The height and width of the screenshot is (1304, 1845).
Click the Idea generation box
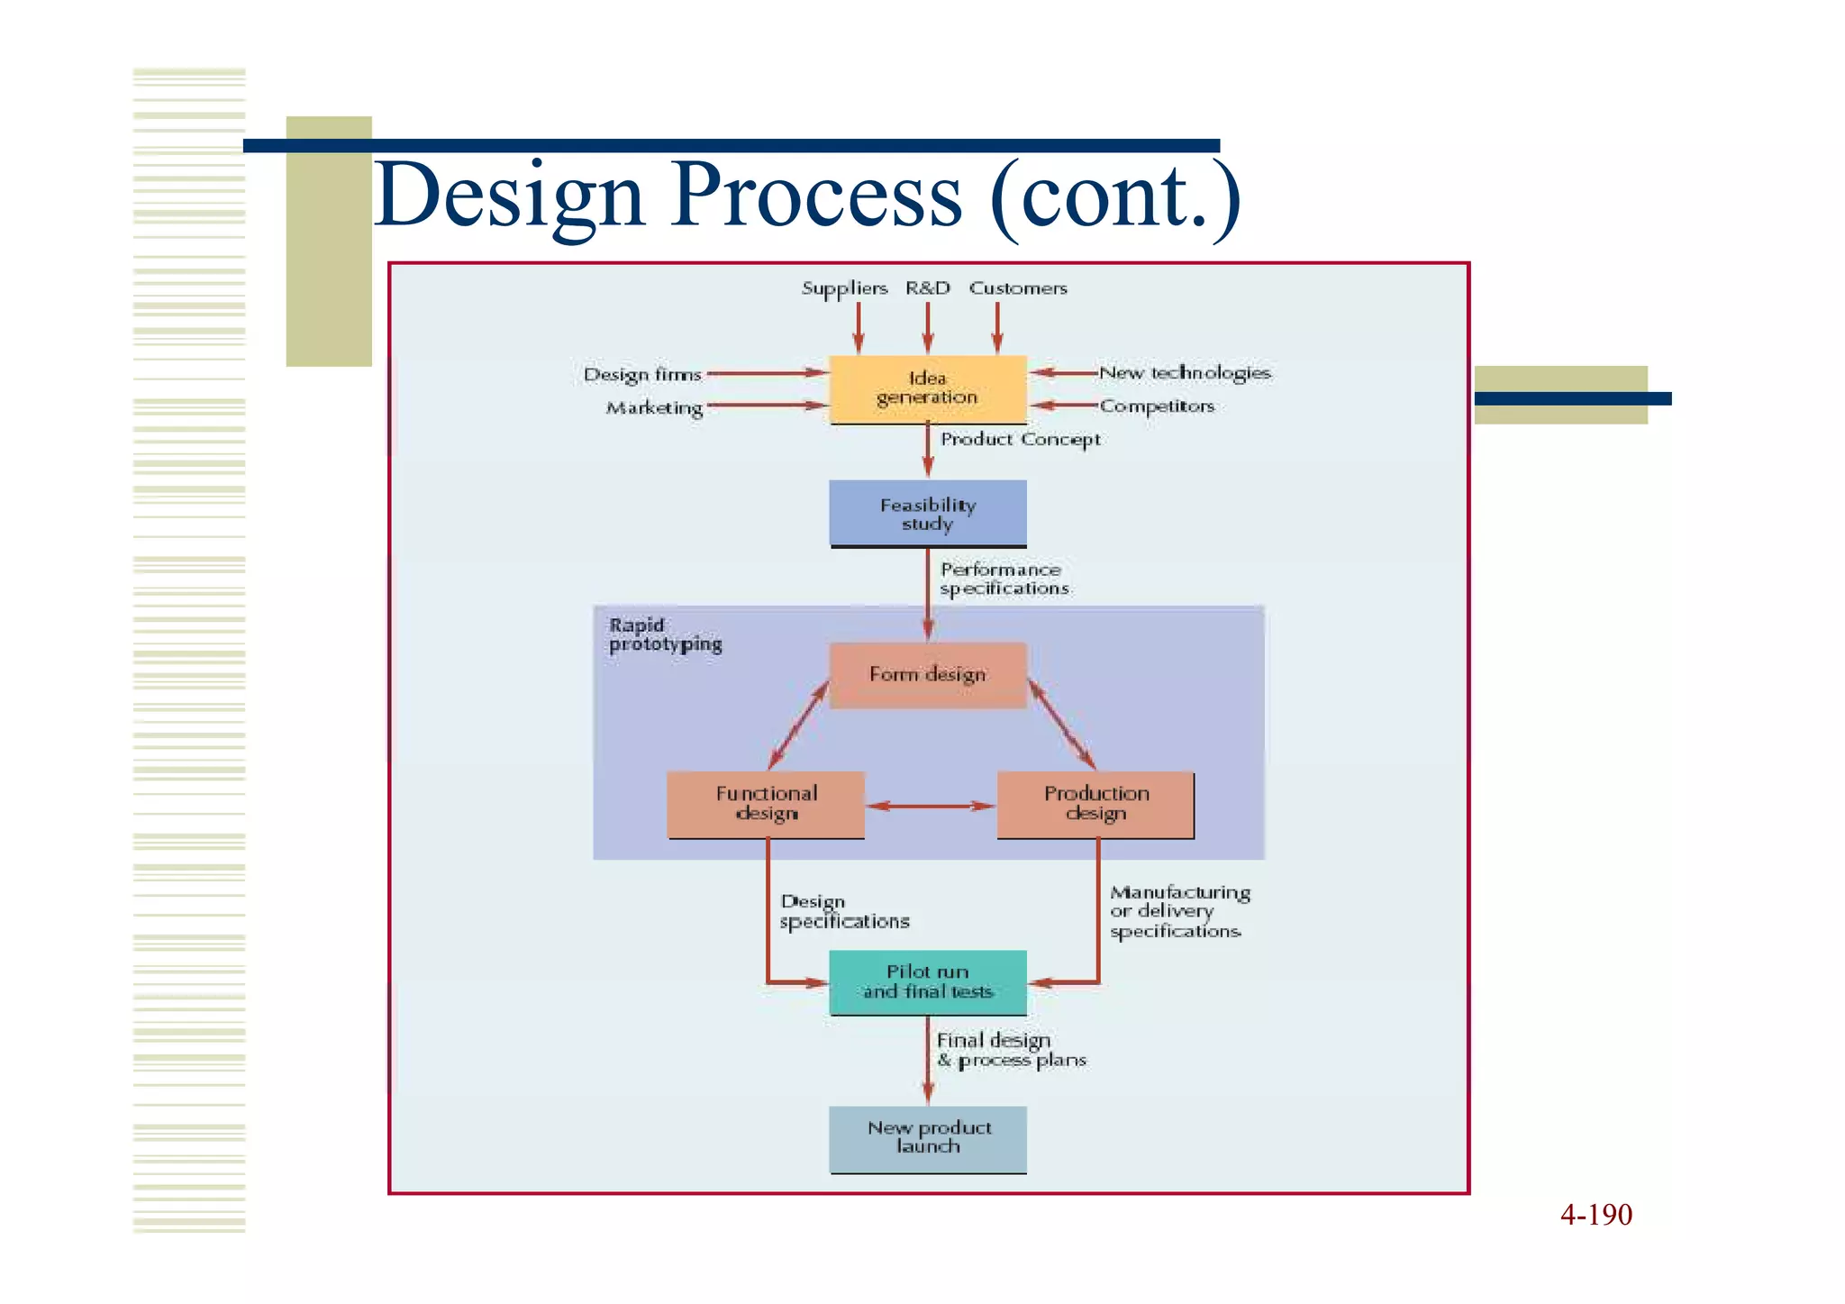click(x=927, y=388)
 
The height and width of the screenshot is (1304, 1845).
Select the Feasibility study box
click(x=927, y=514)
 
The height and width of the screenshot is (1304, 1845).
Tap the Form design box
click(x=927, y=675)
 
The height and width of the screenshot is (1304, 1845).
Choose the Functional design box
click(x=766, y=804)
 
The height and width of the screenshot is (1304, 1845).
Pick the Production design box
click(x=1095, y=804)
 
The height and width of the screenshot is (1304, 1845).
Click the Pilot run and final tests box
click(x=927, y=982)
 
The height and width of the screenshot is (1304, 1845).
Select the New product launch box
click(x=927, y=1138)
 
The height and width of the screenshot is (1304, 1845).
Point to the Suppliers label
click(x=844, y=288)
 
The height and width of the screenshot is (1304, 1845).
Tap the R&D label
click(x=927, y=288)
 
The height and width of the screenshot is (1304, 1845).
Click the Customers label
click(x=1018, y=288)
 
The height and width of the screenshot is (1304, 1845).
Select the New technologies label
click(x=1185, y=373)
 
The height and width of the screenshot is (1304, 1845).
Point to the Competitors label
click(x=1157, y=406)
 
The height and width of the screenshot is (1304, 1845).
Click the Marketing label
click(x=654, y=408)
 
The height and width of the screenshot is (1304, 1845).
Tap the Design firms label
click(x=641, y=375)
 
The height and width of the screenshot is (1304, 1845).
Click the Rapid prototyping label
click(x=665, y=634)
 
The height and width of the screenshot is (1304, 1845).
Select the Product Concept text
click(x=1020, y=440)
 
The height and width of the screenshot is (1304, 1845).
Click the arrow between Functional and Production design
click(x=931, y=806)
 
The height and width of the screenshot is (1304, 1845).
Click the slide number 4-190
click(x=1595, y=1215)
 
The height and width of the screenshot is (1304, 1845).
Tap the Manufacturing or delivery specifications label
click(x=1178, y=912)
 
